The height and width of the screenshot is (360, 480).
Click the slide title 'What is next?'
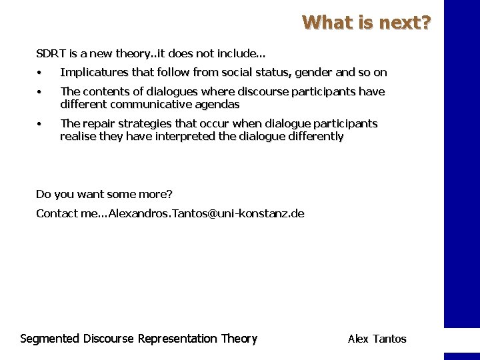click(x=367, y=23)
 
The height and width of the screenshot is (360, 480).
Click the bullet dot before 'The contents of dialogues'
click(x=40, y=92)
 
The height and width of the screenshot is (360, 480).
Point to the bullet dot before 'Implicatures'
click(x=40, y=73)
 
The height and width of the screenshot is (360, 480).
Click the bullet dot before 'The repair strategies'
click(x=40, y=124)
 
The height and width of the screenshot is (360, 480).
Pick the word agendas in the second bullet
click(x=218, y=105)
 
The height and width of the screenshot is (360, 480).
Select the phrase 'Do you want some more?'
click(x=104, y=194)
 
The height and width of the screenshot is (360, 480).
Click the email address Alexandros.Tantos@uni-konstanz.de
click(x=206, y=213)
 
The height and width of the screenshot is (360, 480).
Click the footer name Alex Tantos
click(x=377, y=339)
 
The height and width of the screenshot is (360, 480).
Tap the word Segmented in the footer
click(x=50, y=339)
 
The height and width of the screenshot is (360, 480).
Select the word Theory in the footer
click(x=239, y=339)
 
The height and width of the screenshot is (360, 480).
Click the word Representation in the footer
click(x=177, y=339)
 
